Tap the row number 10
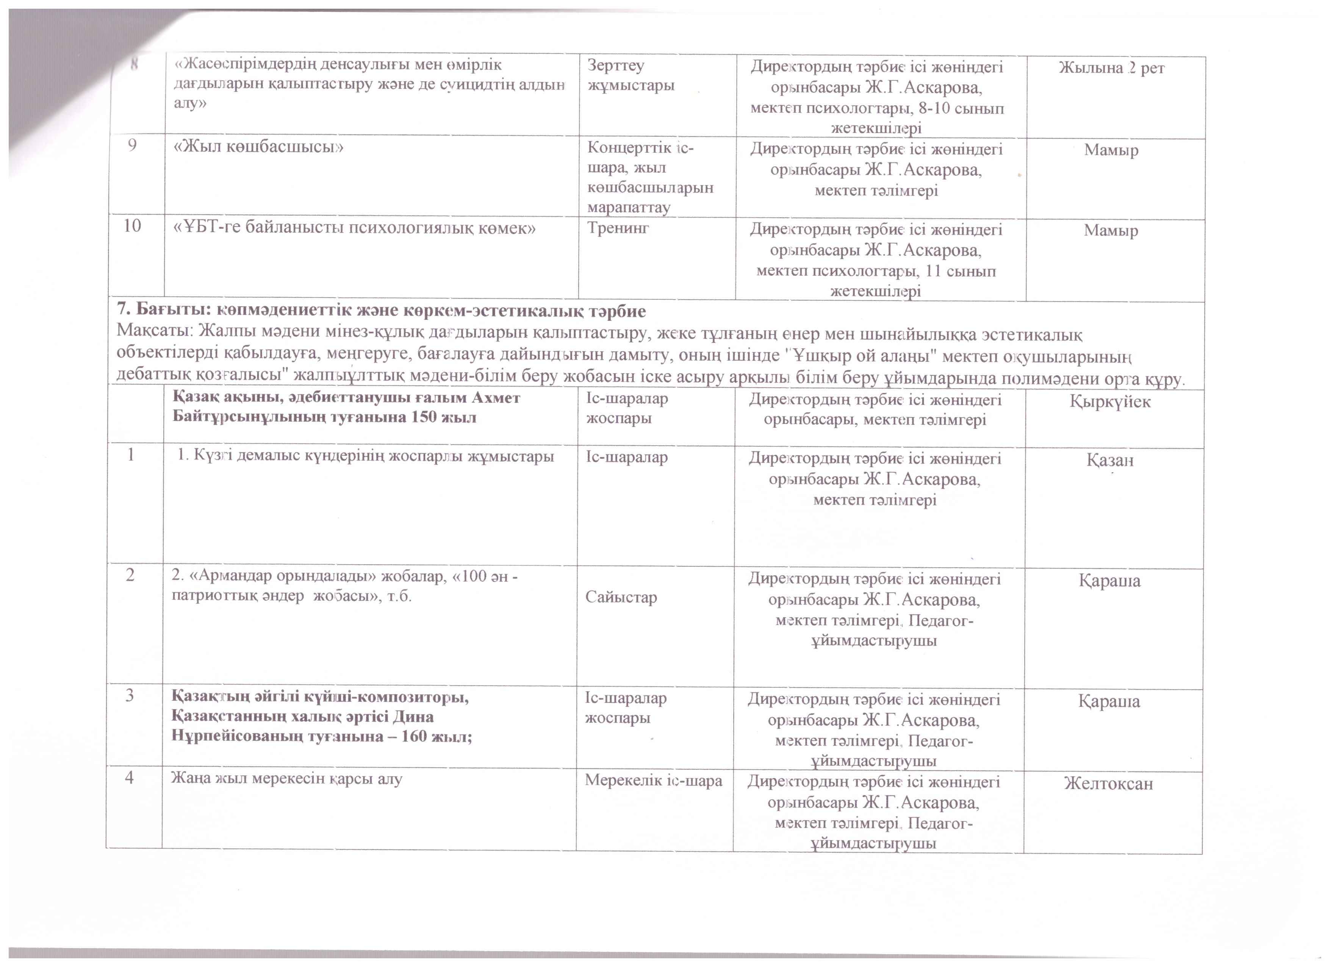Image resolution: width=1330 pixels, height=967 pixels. coord(133,226)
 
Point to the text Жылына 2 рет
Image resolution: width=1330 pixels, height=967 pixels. coord(1111,68)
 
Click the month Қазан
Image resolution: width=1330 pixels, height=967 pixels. coord(1110,460)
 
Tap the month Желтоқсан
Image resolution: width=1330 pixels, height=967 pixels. coord(1108,784)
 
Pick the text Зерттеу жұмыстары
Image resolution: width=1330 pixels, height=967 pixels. coord(631,75)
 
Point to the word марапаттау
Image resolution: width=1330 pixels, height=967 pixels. coord(629,207)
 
